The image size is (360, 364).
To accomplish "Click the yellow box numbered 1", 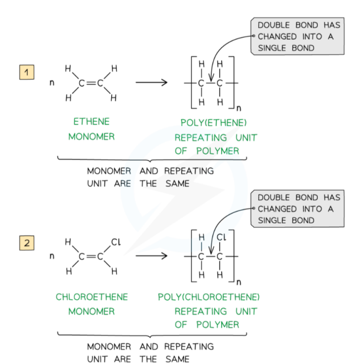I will pos(27,73).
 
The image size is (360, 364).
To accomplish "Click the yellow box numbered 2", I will pos(27,243).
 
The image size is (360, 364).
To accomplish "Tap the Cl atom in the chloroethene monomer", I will pos(116,242).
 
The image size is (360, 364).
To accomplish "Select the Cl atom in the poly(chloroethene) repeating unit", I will pos(221,238).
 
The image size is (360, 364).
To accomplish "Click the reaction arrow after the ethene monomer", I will pos(151,83).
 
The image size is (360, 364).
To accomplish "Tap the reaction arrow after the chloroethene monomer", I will pos(151,256).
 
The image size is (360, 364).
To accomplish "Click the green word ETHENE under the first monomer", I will pos(91,122).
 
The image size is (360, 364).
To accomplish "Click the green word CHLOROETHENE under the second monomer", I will pos(92,297).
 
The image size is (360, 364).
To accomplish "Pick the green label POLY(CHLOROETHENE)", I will pos(209,297).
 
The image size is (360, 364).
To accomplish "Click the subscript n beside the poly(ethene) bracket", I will pos(239,109).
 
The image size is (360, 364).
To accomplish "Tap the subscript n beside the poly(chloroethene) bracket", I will pos(239,282).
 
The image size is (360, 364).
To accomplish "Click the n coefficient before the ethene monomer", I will pos(52,84).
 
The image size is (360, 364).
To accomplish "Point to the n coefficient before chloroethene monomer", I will pos(52,257).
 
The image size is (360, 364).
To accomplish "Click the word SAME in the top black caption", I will pos(177,184).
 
